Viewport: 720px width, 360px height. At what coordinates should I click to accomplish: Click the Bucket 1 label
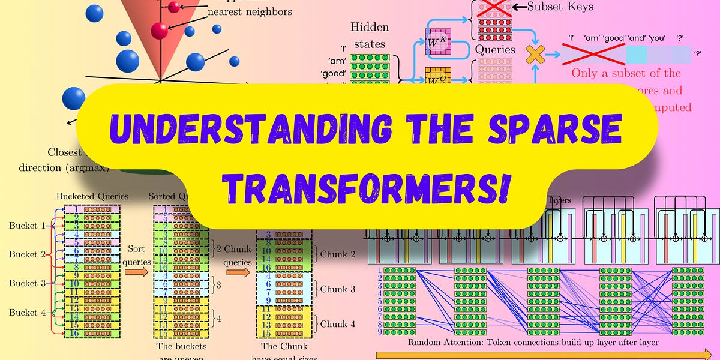click(x=27, y=226)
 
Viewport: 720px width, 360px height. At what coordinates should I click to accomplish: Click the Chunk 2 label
click(x=338, y=254)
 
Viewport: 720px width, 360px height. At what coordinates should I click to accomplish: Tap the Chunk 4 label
click(x=338, y=324)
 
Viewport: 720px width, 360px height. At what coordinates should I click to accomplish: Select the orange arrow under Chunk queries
click(x=238, y=272)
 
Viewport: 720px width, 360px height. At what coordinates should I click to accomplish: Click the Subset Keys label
click(x=560, y=8)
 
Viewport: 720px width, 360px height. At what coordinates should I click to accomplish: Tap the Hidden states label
click(x=369, y=35)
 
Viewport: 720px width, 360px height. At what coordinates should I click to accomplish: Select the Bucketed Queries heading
click(x=92, y=196)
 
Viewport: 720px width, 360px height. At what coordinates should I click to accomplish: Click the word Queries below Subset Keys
click(x=495, y=50)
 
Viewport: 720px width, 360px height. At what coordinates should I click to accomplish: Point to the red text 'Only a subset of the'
click(x=626, y=73)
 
